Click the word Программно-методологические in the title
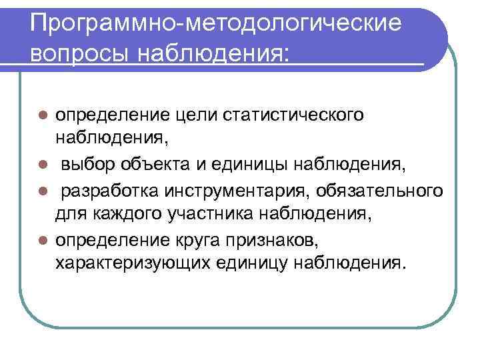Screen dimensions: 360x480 pos(217,24)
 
